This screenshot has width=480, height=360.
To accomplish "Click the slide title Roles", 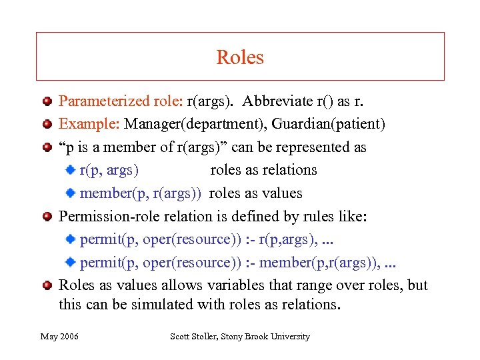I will coord(240,57).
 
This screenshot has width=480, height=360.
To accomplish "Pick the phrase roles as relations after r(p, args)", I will coord(263,170).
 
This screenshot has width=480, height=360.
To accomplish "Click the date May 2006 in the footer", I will coord(59,337).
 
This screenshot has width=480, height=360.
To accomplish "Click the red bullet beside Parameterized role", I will coord(47,102).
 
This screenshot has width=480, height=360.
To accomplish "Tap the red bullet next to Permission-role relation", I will coord(47,217).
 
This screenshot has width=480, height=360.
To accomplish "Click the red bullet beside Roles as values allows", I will coord(47,286).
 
